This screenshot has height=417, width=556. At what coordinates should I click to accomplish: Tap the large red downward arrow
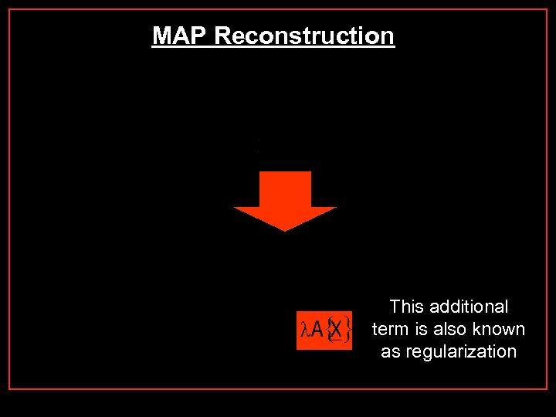point(285,200)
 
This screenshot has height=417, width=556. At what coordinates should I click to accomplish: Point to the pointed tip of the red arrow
point(285,229)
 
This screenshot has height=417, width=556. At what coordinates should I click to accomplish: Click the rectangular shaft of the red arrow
point(285,188)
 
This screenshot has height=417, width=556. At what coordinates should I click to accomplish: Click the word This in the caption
point(408,307)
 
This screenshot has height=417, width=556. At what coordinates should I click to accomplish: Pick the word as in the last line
point(391,351)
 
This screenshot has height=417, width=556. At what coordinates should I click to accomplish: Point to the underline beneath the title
point(273,47)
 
